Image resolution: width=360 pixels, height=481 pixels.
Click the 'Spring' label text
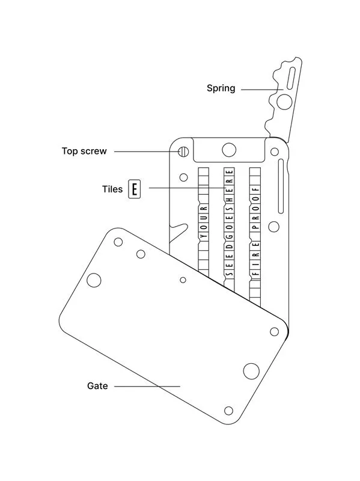[x=221, y=88]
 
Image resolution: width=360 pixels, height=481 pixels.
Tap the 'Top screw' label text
[x=84, y=151]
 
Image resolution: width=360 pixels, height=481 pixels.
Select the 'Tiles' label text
[x=112, y=189]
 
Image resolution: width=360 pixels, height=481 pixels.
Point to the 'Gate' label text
[x=97, y=386]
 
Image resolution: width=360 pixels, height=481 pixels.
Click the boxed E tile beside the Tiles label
[x=134, y=189]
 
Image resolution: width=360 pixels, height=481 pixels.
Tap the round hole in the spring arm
[x=285, y=100]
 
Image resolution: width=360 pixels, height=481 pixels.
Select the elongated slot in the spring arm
[x=291, y=79]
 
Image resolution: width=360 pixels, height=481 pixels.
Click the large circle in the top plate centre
[x=228, y=149]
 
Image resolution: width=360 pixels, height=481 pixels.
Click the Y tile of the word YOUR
[x=203, y=236]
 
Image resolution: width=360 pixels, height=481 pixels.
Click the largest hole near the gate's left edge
[x=94, y=279]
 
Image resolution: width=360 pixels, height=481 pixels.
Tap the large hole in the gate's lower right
[x=249, y=370]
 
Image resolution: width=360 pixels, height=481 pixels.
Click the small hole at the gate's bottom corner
[x=228, y=411]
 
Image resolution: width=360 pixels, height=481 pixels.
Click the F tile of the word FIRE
[x=255, y=274]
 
